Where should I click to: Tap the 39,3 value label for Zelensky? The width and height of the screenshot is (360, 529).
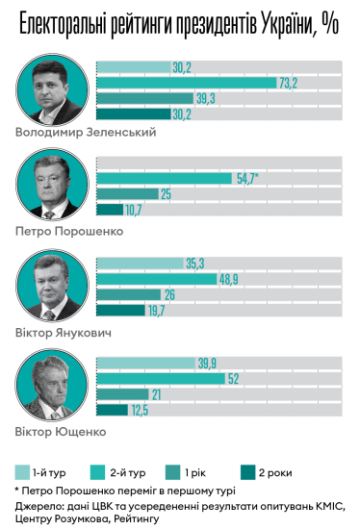click(205, 98)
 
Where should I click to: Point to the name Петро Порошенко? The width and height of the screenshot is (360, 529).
click(69, 232)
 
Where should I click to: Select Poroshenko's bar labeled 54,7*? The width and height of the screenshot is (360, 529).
click(164, 179)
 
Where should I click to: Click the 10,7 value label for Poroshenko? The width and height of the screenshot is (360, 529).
click(133, 210)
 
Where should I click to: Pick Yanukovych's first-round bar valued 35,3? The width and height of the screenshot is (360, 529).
click(139, 263)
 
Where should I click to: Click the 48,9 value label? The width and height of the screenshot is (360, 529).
click(229, 279)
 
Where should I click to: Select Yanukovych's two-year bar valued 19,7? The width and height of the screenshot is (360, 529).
click(120, 310)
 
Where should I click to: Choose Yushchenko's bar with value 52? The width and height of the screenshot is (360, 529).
click(160, 379)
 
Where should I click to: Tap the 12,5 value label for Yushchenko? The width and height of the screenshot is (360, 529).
click(141, 410)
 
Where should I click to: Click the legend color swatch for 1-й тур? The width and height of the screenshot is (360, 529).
click(22, 472)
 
